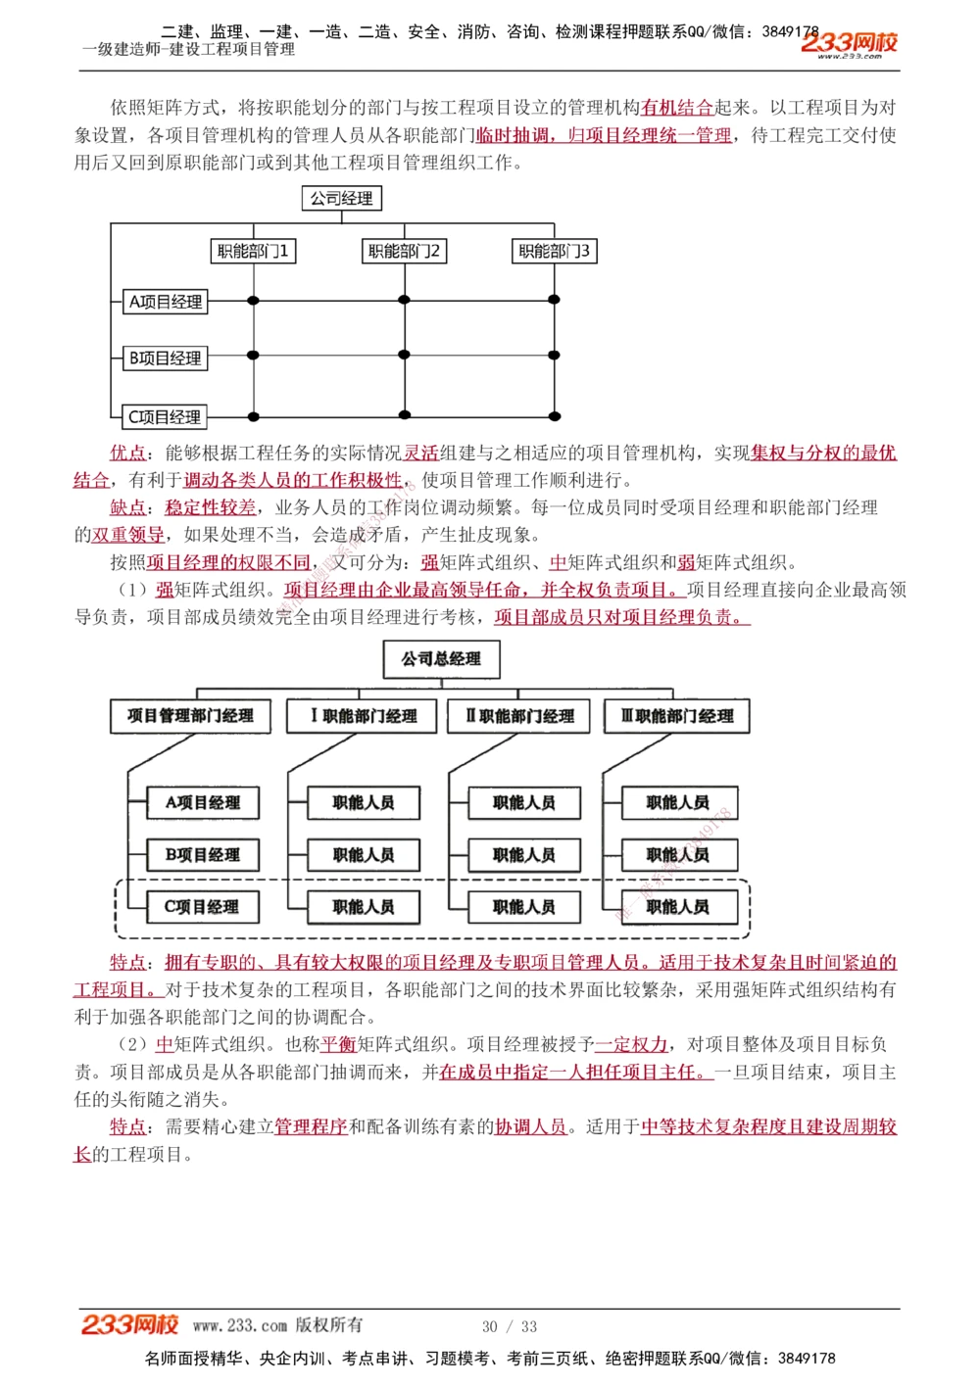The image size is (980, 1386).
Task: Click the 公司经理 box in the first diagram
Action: click(341, 199)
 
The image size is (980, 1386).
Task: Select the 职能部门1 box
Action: click(253, 252)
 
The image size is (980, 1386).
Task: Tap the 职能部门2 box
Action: click(404, 252)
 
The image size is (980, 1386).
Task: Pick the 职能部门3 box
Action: click(554, 252)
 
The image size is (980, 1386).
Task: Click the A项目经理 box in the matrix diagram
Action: click(166, 302)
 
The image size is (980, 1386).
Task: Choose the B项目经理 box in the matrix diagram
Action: click(166, 358)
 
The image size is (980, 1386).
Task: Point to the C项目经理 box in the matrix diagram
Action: click(165, 417)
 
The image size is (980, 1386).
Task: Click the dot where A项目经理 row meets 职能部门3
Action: click(554, 301)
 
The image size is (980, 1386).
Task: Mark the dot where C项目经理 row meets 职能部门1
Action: click(254, 416)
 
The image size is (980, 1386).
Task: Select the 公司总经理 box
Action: click(441, 659)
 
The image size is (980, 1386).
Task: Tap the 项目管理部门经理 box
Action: click(190, 716)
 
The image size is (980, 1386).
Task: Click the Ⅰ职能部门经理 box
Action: click(364, 716)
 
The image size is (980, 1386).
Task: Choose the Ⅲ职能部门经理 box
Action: click(677, 716)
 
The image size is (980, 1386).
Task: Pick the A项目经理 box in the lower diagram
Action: click(203, 802)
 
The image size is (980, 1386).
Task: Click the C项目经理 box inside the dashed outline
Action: click(203, 907)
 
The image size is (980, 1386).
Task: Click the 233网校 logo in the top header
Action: click(849, 43)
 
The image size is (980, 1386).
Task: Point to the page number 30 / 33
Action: click(510, 1326)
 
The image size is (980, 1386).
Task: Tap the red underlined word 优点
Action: click(127, 453)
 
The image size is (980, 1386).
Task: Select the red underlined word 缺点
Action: click(127, 507)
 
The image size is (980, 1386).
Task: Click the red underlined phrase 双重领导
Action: click(127, 535)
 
